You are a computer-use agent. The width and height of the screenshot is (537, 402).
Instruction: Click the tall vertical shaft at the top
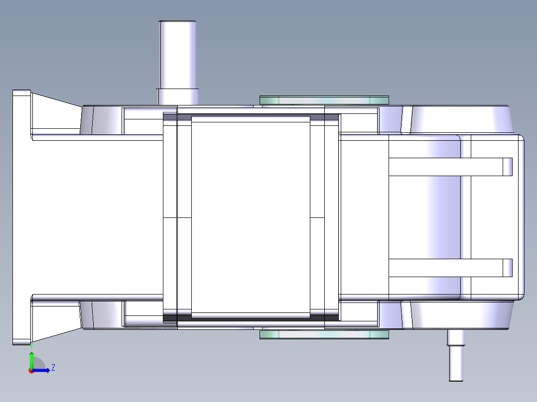pyautogui.click(x=177, y=55)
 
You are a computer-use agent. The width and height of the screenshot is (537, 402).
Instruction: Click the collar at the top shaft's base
pyautogui.click(x=177, y=97)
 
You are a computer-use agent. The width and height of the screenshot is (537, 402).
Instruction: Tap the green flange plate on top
pyautogui.click(x=324, y=100)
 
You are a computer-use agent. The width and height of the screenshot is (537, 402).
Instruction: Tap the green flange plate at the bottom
pyautogui.click(x=324, y=335)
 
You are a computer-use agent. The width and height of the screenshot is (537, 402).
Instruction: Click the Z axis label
pyautogui.click(x=53, y=368)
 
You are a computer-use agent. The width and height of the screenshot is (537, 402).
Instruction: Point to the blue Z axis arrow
pyautogui.click(x=42, y=370)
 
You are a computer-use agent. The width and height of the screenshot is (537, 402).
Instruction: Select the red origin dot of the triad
pyautogui.click(x=31, y=371)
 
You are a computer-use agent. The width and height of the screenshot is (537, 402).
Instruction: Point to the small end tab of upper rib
pyautogui.click(x=507, y=167)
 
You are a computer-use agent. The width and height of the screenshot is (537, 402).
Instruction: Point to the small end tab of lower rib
pyautogui.click(x=507, y=268)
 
